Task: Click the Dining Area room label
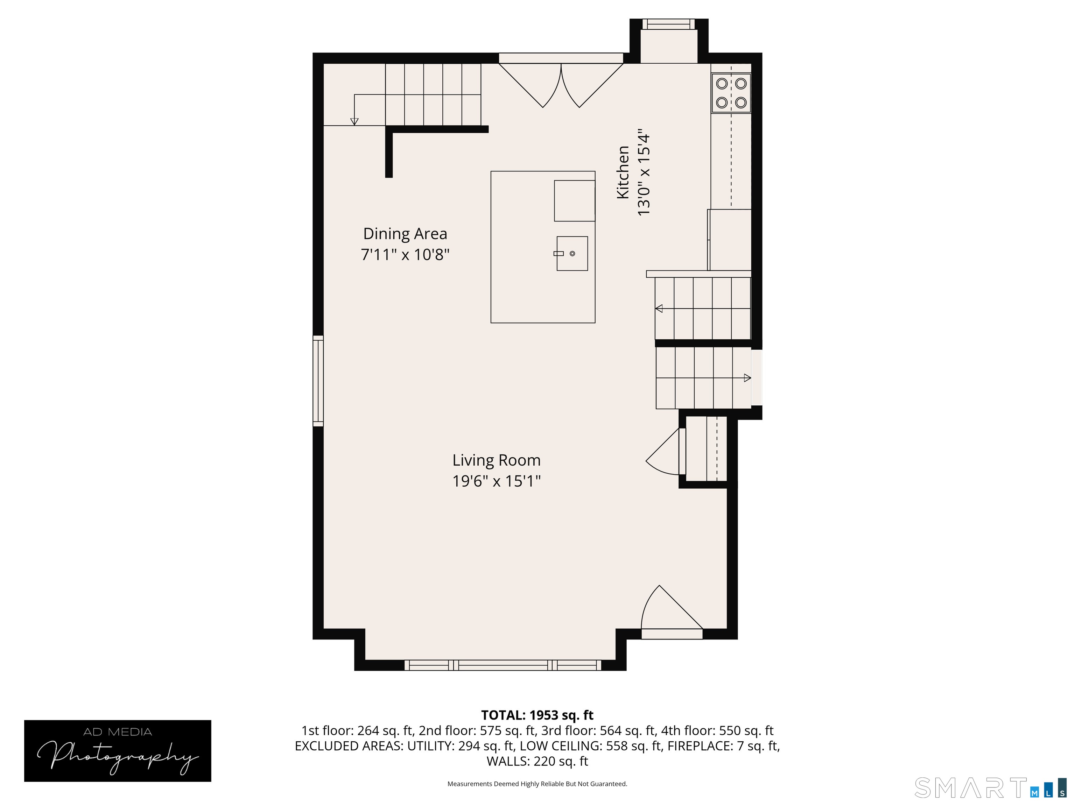coord(405,234)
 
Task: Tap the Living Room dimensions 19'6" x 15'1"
coord(496,481)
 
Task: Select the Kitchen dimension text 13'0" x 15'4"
coord(644,172)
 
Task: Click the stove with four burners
coord(731,93)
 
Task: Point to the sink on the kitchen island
coord(572,254)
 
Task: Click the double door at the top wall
coord(561,85)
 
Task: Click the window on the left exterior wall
coord(318,381)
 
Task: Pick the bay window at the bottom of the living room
coord(503,665)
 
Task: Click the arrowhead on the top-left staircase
coord(354,121)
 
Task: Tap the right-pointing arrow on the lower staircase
coord(747,378)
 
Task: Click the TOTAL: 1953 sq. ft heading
coord(537,715)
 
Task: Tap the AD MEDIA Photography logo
coord(118,751)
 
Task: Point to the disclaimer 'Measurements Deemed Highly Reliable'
coord(537,784)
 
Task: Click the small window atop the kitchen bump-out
coord(669,24)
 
